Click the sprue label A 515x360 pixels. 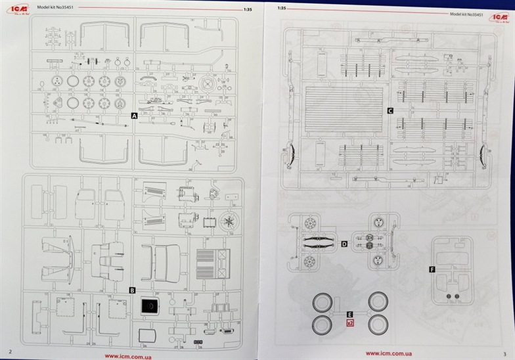134,115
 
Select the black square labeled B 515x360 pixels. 131,290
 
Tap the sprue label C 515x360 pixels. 390,111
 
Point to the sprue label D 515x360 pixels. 344,244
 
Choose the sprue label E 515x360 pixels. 349,315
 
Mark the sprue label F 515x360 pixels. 431,269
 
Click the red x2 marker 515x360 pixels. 349,323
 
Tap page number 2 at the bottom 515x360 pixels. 10,352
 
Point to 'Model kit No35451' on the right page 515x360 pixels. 466,13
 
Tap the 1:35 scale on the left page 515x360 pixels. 247,9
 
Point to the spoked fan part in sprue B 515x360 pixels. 229,220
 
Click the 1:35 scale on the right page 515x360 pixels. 282,9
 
